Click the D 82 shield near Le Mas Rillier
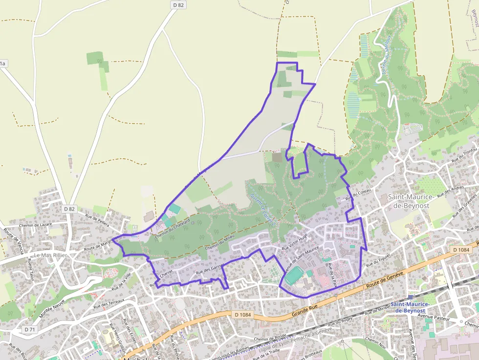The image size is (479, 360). click(x=69, y=209)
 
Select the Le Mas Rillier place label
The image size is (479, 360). click(x=50, y=255)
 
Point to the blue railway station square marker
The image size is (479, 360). click(x=410, y=296)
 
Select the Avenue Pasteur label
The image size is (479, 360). click(x=435, y=318)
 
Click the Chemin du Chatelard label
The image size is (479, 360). click(x=172, y=230)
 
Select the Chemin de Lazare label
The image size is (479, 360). click(x=35, y=225)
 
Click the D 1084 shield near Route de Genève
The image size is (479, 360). click(x=460, y=250)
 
